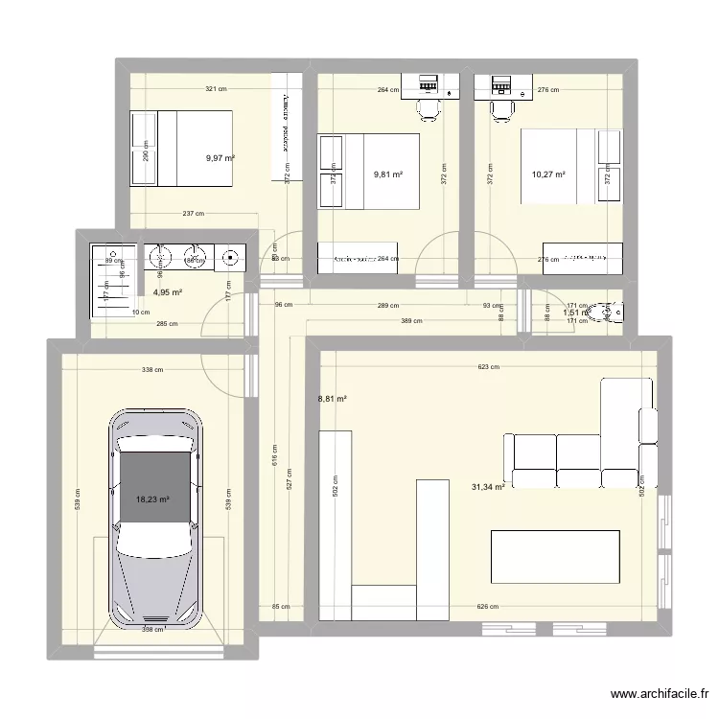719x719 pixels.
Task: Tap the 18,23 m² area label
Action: (x=152, y=499)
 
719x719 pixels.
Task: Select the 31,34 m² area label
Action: (x=488, y=488)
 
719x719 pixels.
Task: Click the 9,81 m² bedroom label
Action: (x=387, y=174)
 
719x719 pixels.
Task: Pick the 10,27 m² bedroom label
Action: (x=548, y=174)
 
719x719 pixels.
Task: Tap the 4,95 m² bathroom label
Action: (x=168, y=293)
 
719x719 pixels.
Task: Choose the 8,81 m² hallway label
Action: (x=332, y=400)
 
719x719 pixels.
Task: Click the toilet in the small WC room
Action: (x=608, y=311)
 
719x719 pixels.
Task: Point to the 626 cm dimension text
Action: (x=489, y=606)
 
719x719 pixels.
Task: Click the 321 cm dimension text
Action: (x=216, y=89)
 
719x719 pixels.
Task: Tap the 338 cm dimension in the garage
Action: (x=152, y=369)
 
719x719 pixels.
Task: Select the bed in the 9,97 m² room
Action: (x=182, y=149)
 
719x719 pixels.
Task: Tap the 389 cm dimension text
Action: (x=411, y=321)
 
